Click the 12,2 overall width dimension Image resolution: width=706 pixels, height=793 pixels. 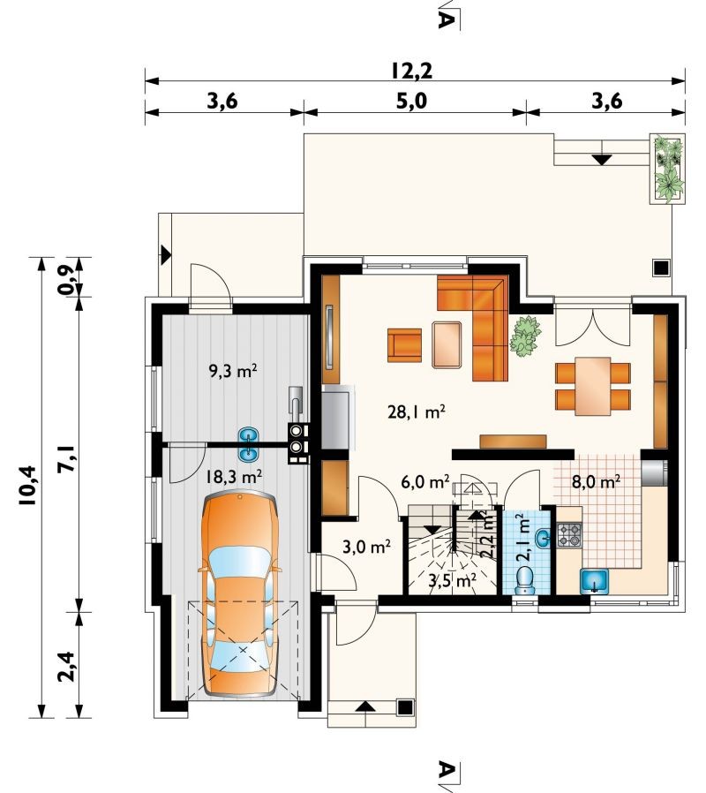click(x=411, y=71)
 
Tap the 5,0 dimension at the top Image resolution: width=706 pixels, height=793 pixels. click(x=411, y=102)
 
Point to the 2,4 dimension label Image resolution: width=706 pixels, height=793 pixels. click(x=66, y=667)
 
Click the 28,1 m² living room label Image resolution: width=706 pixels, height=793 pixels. click(x=417, y=412)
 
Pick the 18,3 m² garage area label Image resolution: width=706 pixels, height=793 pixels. click(x=234, y=476)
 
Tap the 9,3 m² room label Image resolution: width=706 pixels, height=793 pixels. click(x=233, y=372)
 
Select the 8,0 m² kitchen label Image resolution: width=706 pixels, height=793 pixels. click(x=596, y=481)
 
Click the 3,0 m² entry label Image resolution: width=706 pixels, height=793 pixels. click(x=366, y=547)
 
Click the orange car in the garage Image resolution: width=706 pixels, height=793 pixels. click(x=240, y=596)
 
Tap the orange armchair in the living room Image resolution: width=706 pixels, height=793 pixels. click(x=404, y=345)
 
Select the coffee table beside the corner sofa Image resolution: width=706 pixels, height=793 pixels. click(x=447, y=344)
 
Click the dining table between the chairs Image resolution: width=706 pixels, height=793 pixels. click(x=593, y=387)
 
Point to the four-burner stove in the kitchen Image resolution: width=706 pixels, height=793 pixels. click(x=569, y=535)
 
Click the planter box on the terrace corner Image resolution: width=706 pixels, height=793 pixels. click(x=667, y=169)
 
